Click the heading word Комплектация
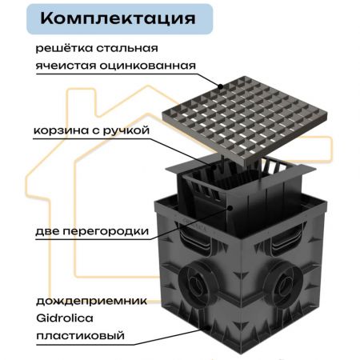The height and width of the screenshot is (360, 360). coord(118,18)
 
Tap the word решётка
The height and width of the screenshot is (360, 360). coord(64,48)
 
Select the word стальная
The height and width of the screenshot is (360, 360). coord(127,49)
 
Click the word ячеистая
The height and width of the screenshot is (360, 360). coord(66,66)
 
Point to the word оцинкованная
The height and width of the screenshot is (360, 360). coord(147,66)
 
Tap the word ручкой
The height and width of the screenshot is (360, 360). coord(126,130)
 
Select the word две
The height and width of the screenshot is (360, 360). coord(47,231)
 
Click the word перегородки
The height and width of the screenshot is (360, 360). coord(106,231)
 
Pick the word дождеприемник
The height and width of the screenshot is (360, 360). coord(91,301)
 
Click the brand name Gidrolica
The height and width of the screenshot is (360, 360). coord(65,318)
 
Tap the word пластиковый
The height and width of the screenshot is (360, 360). coord(80,335)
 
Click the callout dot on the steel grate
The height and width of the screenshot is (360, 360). coord(220,86)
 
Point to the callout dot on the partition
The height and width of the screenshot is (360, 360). coord(230,207)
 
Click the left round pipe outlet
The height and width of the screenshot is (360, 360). coord(197,282)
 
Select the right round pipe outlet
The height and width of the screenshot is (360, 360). coord(282,282)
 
